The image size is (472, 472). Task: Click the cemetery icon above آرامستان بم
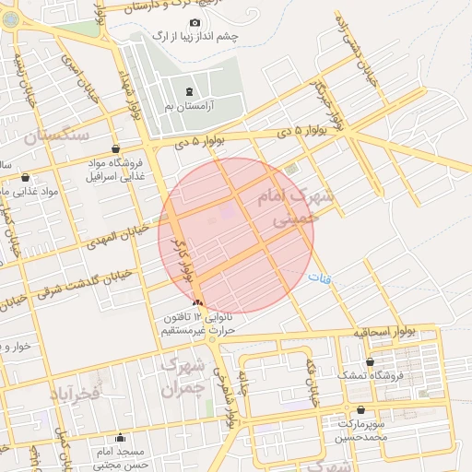190,91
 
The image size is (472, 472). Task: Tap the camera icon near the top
195,22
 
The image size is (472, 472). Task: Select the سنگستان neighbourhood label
57,136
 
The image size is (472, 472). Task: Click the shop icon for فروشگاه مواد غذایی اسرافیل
115,149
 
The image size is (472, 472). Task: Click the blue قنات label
318,277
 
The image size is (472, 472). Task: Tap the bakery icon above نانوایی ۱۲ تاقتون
196,302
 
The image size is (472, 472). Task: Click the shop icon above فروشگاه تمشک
370,361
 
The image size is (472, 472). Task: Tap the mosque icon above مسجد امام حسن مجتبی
120,438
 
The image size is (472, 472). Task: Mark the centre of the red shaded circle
237,234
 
